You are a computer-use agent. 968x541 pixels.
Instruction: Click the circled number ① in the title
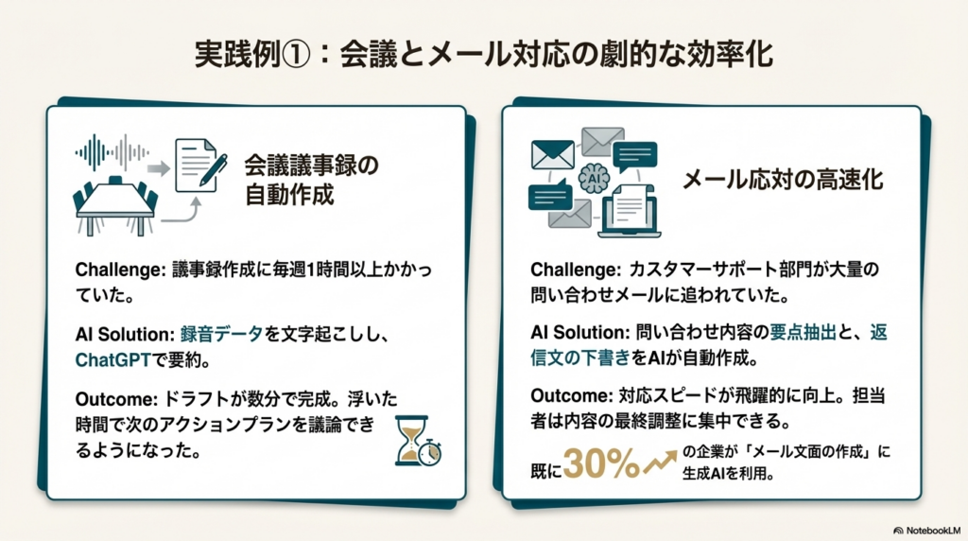click(x=295, y=54)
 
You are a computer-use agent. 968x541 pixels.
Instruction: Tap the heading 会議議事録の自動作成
click(x=311, y=180)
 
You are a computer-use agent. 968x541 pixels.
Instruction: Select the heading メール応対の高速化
click(x=782, y=179)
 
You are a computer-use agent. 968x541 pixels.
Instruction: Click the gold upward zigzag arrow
click(x=660, y=462)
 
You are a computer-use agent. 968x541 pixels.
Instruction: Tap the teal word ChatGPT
click(x=113, y=360)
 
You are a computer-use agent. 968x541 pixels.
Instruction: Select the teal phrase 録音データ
click(x=221, y=334)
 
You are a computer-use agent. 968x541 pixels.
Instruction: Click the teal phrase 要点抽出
click(x=803, y=332)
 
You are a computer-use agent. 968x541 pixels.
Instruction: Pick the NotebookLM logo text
click(x=926, y=531)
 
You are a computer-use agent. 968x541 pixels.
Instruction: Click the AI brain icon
click(x=594, y=179)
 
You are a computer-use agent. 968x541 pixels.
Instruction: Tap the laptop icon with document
click(x=629, y=212)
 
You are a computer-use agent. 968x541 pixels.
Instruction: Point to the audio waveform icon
click(x=112, y=152)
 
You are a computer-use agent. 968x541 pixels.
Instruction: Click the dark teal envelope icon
click(x=552, y=154)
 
